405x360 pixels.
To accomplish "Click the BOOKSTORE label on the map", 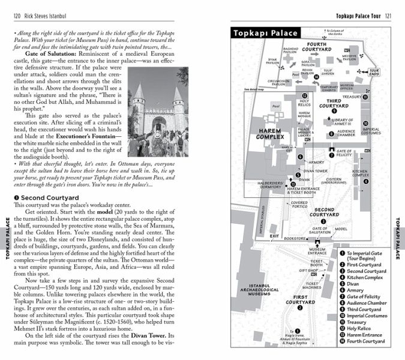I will tap(295, 238).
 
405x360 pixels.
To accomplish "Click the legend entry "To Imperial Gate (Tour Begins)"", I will tap(368, 257).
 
